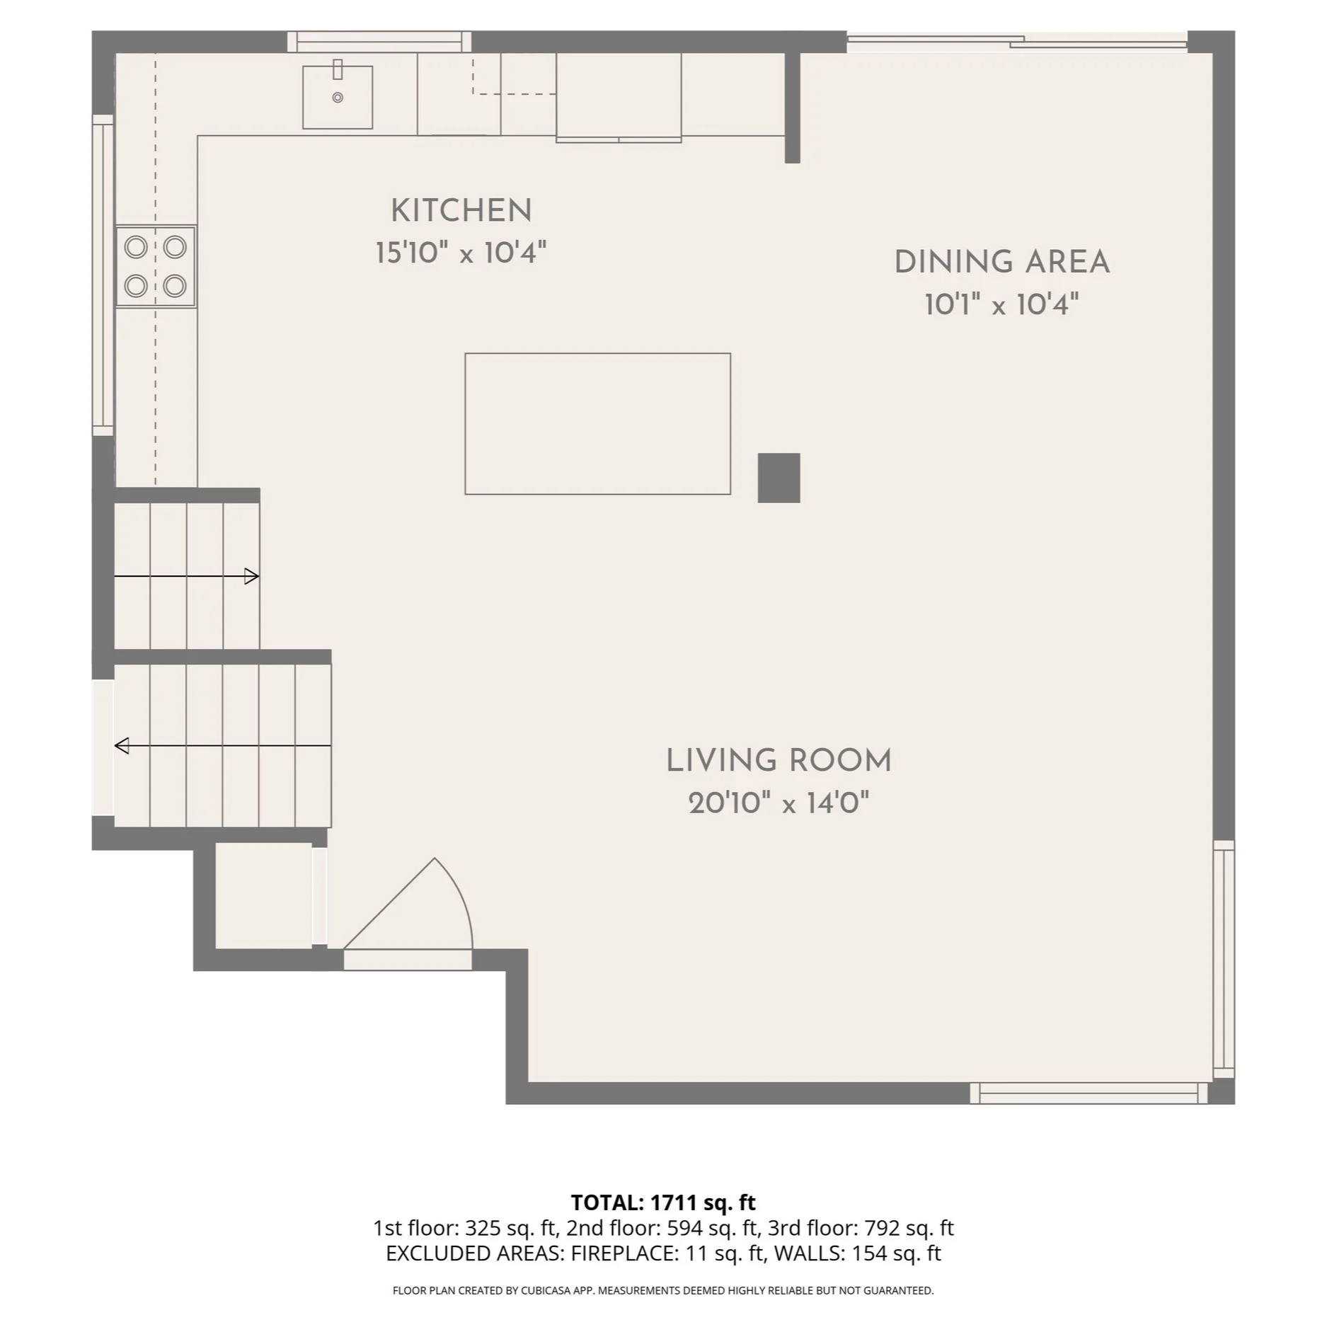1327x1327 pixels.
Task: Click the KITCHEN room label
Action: coord(461,211)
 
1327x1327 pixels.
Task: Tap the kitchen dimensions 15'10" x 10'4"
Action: coord(461,253)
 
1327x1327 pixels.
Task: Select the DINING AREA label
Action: coord(1001,263)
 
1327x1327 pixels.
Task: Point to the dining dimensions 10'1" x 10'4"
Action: coord(1001,305)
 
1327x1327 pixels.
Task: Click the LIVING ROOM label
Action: coord(779,761)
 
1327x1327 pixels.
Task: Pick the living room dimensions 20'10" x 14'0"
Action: coord(779,803)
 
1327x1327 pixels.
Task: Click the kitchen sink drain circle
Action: coord(338,98)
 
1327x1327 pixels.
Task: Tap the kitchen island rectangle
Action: coord(597,423)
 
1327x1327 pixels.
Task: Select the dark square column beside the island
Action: coord(779,478)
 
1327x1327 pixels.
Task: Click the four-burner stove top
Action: coord(156,267)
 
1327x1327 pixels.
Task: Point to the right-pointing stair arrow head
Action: coord(252,577)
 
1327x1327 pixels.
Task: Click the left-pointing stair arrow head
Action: coord(122,745)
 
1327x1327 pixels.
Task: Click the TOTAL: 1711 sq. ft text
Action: coord(663,1202)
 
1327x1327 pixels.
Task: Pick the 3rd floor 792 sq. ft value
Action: coord(909,1228)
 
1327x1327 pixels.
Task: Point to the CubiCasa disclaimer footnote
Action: coord(663,1290)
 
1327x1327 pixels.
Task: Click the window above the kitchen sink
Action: coord(379,42)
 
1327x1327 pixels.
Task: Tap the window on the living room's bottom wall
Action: coord(1088,1093)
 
